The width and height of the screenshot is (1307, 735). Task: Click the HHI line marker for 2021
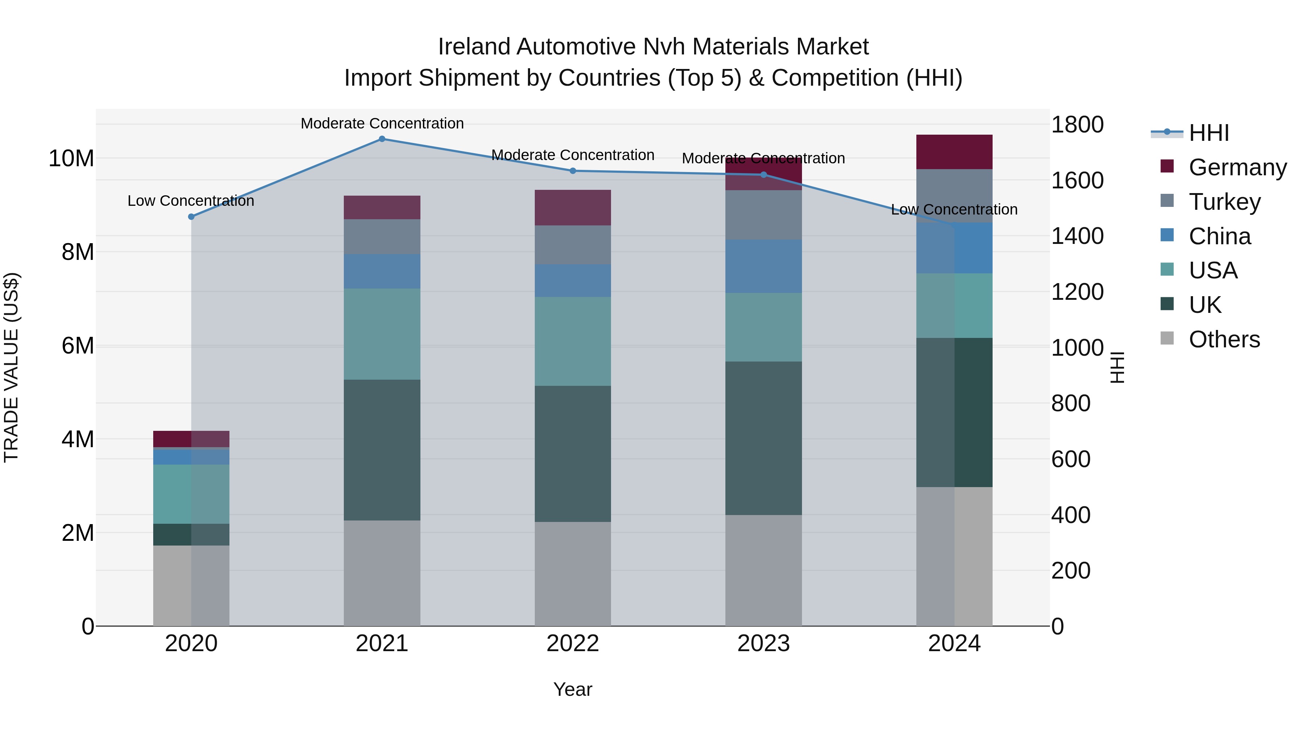pos(382,139)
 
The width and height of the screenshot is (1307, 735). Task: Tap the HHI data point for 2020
pos(191,217)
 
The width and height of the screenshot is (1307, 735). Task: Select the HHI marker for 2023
pos(764,175)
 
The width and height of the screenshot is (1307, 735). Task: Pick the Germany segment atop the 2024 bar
pos(954,152)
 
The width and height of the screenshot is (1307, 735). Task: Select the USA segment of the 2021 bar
pos(382,334)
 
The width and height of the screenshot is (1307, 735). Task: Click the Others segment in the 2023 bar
pos(764,570)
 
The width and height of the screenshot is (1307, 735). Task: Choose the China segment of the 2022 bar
pos(573,281)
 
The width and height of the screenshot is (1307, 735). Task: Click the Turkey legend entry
pos(1224,202)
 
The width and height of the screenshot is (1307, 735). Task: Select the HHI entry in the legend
pos(1209,133)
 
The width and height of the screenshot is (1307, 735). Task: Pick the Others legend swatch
pos(1167,338)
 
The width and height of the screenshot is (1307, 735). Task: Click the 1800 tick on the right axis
pos(1077,125)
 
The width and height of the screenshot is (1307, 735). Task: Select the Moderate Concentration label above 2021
pos(382,123)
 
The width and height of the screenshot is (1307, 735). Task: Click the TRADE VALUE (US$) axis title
pos(11,367)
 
